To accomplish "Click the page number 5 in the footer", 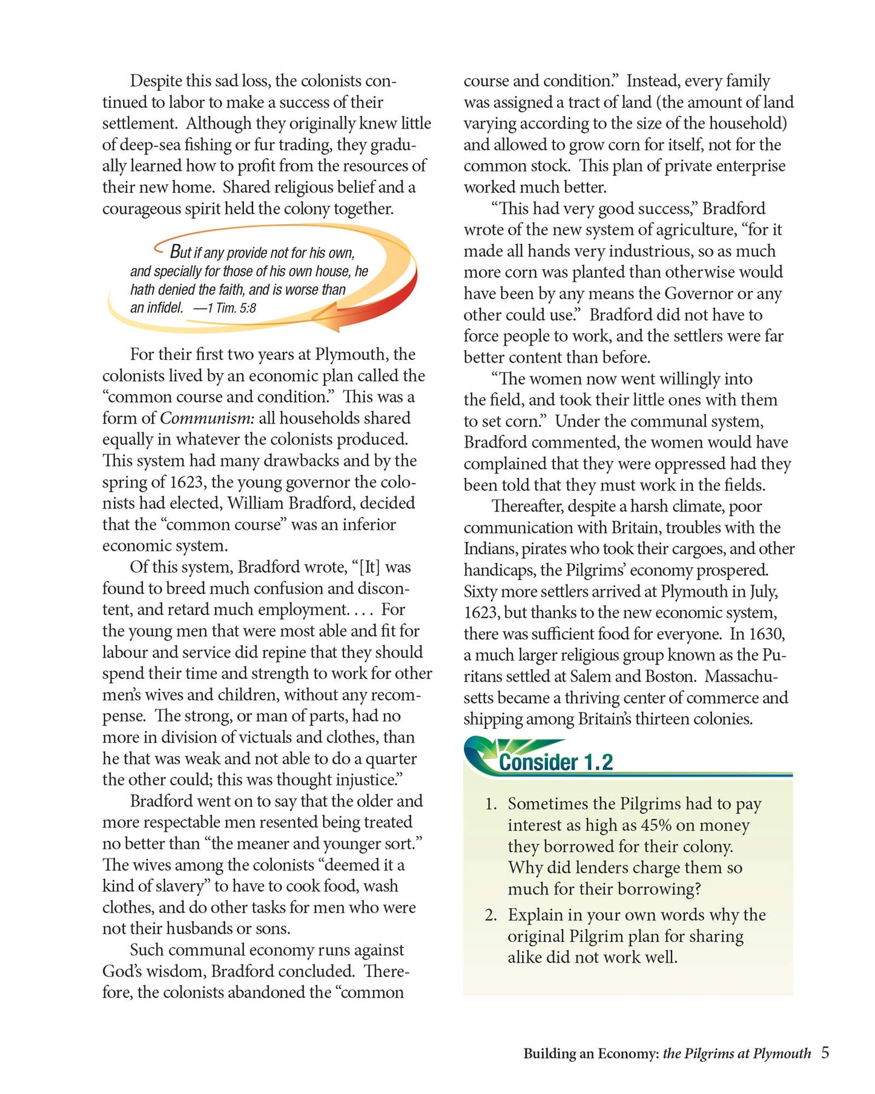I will (825, 1053).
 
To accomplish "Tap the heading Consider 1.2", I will (555, 762).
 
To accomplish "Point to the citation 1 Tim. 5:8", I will (231, 308).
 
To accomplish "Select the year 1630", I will (767, 634).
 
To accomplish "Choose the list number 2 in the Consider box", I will (490, 915).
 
